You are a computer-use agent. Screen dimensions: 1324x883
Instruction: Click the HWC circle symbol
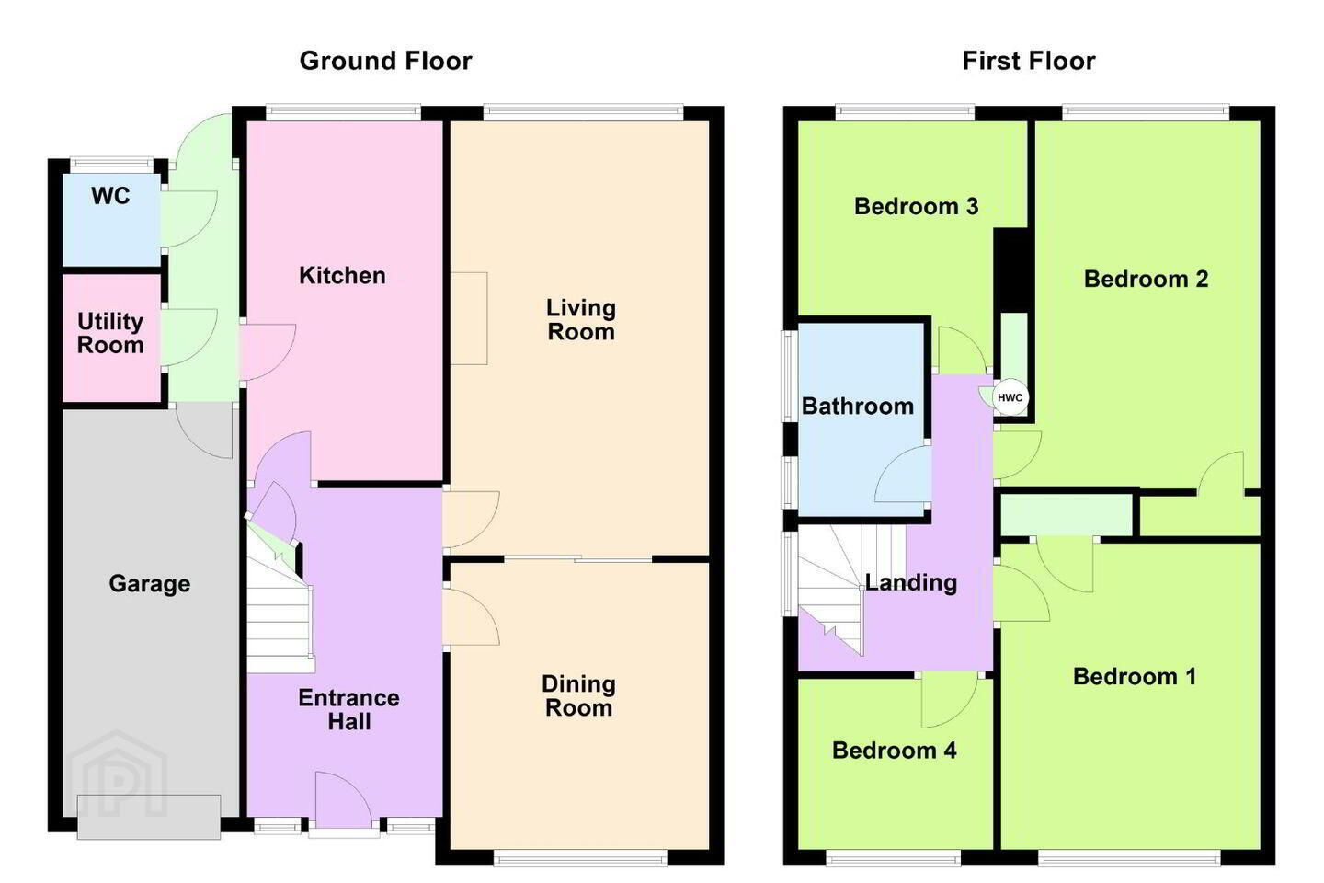(x=1010, y=397)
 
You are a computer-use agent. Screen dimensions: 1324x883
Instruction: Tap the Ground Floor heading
(x=385, y=61)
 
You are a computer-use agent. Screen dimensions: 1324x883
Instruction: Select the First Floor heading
(x=1029, y=61)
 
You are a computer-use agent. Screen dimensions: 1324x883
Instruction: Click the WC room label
(x=110, y=196)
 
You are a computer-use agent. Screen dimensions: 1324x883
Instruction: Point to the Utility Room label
(x=110, y=334)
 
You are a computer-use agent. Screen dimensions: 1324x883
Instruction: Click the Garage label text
(x=150, y=584)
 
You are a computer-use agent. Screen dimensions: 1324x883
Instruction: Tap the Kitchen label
(x=342, y=276)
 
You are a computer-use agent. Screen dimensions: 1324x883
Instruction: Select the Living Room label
(x=581, y=320)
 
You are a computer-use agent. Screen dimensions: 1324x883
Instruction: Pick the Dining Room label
(x=578, y=696)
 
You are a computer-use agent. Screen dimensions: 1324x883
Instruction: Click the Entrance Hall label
(x=348, y=710)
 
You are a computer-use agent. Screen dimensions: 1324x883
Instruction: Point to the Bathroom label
(x=858, y=407)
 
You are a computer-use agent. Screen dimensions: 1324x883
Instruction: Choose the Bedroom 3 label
(x=916, y=206)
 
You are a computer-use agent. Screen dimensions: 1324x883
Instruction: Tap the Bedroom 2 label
(x=1146, y=279)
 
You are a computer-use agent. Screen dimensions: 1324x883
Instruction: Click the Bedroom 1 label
(x=1135, y=677)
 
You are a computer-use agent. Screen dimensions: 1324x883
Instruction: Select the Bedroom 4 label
(x=895, y=751)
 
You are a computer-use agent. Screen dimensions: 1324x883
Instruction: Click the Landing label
(x=911, y=582)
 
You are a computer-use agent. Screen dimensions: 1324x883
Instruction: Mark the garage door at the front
(x=149, y=817)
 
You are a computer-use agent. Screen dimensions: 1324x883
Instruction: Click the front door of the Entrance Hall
(x=344, y=803)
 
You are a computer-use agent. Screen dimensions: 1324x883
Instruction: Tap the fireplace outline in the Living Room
(x=469, y=318)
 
